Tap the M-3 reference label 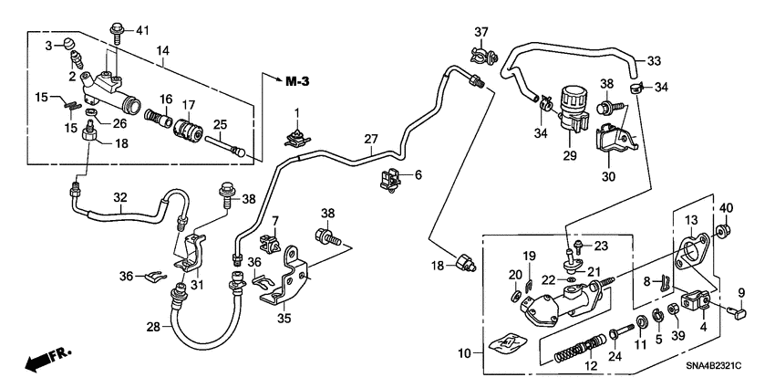point(297,82)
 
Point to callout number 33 point(654,61)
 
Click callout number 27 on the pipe point(370,140)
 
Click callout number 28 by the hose point(152,327)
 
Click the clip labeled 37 point(482,58)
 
